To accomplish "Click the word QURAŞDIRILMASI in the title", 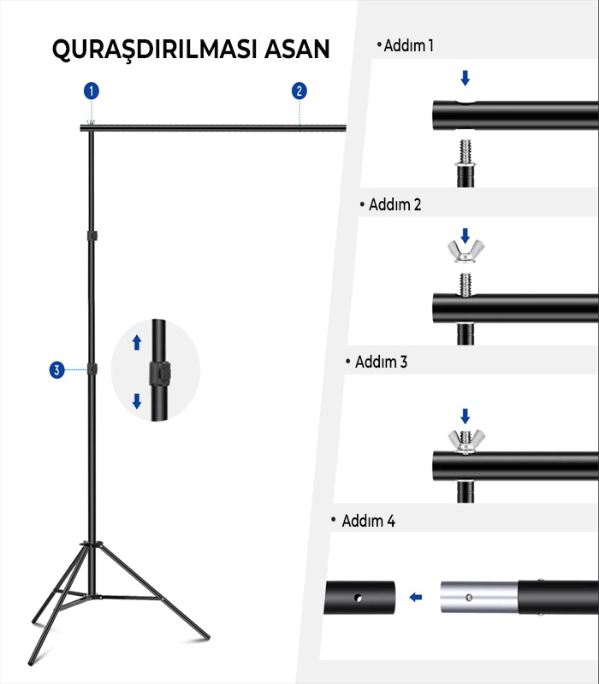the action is [154, 50].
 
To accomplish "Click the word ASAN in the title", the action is [297, 49].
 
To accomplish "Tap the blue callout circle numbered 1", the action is [92, 91].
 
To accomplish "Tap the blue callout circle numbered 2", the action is [299, 91].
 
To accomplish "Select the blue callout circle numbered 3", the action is [56, 370].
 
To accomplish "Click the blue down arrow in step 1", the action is [465, 78].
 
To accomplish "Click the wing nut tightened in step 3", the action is [466, 441].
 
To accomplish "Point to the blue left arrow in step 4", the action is [416, 597].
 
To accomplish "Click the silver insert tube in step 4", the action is [479, 597].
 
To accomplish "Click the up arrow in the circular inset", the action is [137, 343].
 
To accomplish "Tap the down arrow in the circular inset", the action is [137, 401].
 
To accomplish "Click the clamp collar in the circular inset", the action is [160, 373].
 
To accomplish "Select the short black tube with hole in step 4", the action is [359, 597].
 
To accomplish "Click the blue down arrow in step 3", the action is [465, 416].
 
